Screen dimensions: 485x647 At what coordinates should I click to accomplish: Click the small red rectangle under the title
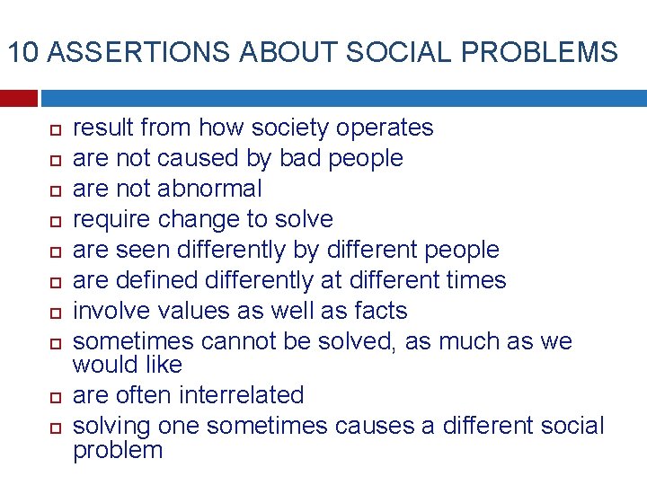click(x=18, y=97)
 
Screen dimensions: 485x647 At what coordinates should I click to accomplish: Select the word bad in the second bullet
click(x=301, y=158)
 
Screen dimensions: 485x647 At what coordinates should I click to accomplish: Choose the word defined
click(x=158, y=280)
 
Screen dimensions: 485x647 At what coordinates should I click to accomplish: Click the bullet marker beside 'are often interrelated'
click(x=53, y=396)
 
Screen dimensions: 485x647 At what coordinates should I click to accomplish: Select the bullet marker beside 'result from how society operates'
click(x=53, y=128)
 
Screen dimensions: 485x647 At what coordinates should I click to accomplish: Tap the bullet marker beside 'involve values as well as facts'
click(x=53, y=312)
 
